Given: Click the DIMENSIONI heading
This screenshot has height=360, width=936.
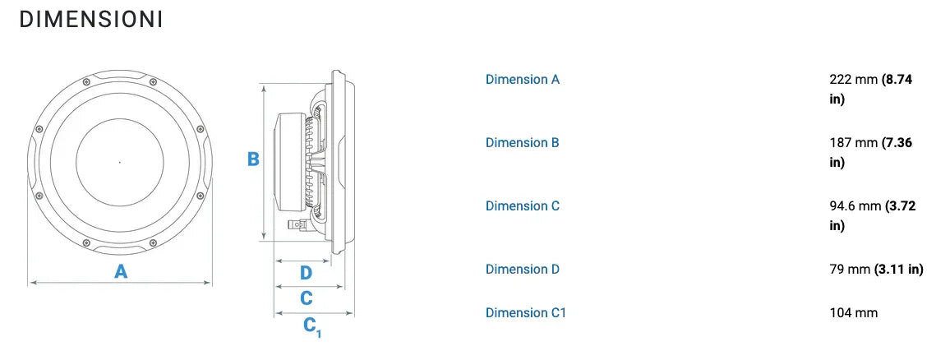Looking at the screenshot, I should pos(90,21).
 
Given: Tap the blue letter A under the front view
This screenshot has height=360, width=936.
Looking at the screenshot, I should pos(121,271).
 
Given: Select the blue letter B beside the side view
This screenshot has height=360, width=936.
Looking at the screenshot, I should pos(253,159).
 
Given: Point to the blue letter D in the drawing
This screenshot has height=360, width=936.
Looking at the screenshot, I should pos(306,272).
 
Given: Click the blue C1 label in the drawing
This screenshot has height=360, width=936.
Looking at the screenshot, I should pos(312,326).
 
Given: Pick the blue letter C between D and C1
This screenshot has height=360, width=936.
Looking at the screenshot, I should pos(306,298).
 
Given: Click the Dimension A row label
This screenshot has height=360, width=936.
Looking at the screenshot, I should pos(522,80).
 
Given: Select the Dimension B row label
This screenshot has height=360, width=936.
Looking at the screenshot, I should pos(522,143).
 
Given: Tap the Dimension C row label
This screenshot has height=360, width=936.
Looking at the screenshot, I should pos(522,205).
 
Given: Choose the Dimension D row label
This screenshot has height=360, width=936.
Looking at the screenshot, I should pos(522,269).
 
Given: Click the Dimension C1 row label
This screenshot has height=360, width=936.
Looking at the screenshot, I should pos(525,312).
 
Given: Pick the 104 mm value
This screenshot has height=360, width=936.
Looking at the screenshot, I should pos(854,312).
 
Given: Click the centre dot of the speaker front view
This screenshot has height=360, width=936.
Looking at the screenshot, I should pos(120,162).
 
